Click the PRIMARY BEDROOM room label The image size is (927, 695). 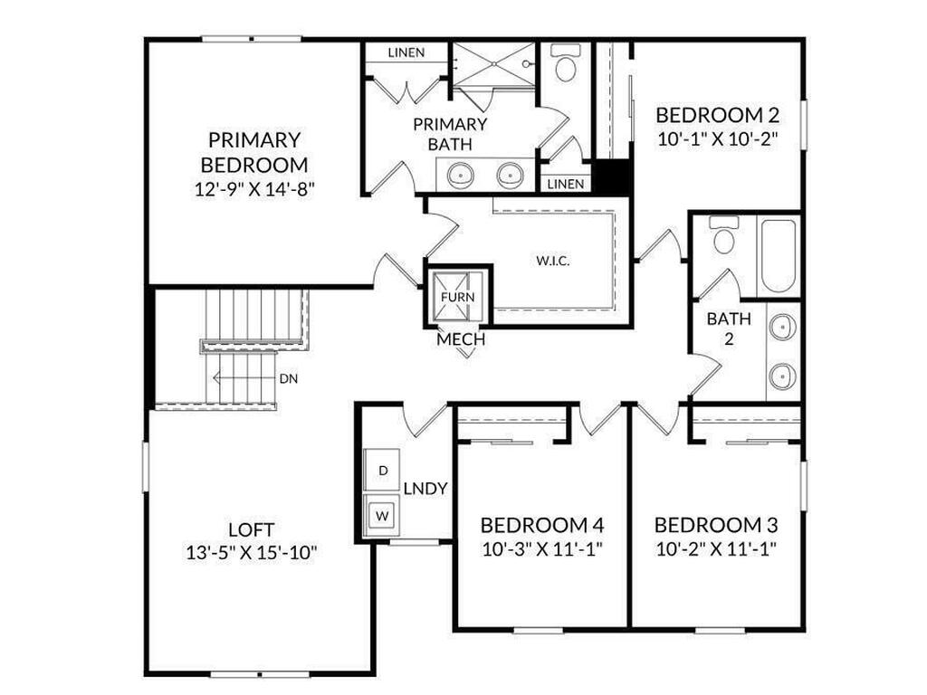pyautogui.click(x=254, y=153)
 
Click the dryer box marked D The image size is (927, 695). pyautogui.click(x=382, y=471)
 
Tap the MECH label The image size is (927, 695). pyautogui.click(x=461, y=340)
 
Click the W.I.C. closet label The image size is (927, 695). pyautogui.click(x=552, y=261)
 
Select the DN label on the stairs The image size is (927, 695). pyautogui.click(x=289, y=378)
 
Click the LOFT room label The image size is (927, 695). pyautogui.click(x=251, y=529)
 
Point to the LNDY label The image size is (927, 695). pyautogui.click(x=425, y=489)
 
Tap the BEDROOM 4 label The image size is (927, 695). pyautogui.click(x=541, y=525)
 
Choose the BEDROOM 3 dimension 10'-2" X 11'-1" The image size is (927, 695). pyautogui.click(x=715, y=548)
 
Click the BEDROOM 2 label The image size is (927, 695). pyautogui.click(x=717, y=115)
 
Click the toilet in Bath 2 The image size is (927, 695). pyautogui.click(x=723, y=238)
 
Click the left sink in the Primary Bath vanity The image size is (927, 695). pyautogui.click(x=460, y=173)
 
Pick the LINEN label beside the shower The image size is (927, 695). pyautogui.click(x=406, y=52)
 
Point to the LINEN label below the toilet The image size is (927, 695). pyautogui.click(x=566, y=184)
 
